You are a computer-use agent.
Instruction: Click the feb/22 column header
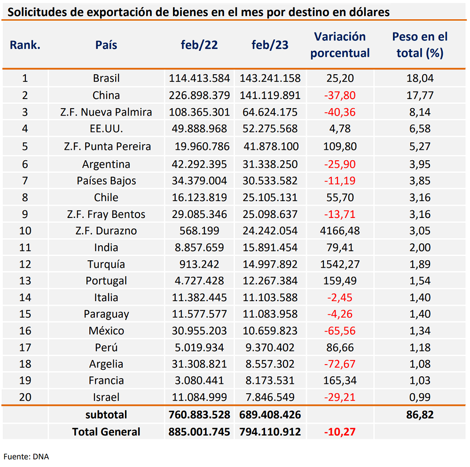coord(199,45)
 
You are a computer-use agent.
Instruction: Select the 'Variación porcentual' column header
coord(340,45)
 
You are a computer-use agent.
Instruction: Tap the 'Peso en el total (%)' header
coord(420,45)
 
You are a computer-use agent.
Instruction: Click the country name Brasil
coord(106,78)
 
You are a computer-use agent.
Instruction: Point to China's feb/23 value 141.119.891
coord(270,95)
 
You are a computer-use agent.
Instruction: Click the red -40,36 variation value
coord(340,112)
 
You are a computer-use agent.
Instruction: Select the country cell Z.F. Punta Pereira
coord(107,147)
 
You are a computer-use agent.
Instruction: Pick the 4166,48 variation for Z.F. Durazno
coord(340,231)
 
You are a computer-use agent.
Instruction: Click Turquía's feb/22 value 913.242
coord(199,264)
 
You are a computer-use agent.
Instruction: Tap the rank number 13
coord(25,280)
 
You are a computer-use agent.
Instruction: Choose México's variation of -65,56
coord(340,331)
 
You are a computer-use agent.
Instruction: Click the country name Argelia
coord(106,364)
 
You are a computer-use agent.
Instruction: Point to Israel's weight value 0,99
coord(420,397)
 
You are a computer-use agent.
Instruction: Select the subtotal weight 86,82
coord(420,415)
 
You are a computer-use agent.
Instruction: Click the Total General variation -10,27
coord(340,432)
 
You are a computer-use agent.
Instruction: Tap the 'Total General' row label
coord(106,432)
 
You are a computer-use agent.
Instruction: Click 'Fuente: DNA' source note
coord(26,457)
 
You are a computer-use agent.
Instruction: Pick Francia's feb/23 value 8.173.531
coord(270,381)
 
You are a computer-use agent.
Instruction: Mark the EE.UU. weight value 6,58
coord(420,129)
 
